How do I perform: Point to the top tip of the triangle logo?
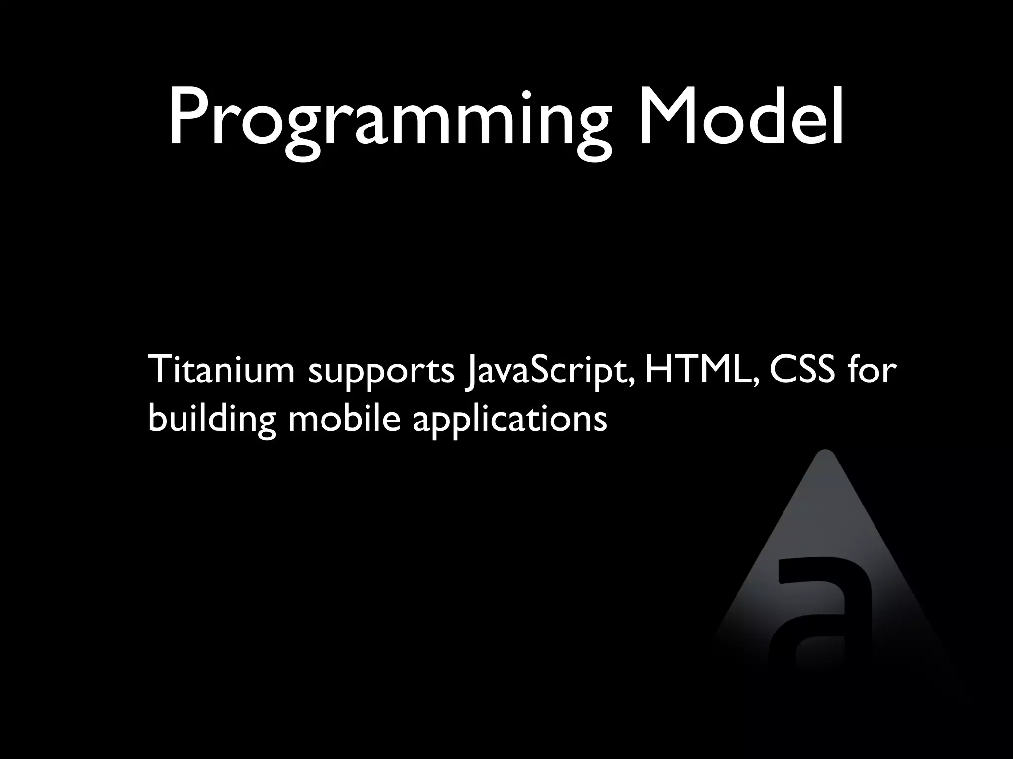point(825,452)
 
